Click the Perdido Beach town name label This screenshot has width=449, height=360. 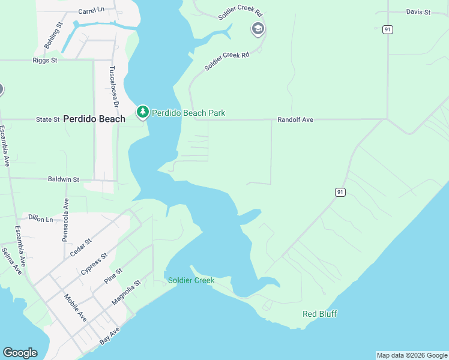(94, 119)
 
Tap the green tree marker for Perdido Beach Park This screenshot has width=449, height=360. (142, 112)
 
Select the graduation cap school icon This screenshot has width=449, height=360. (258, 29)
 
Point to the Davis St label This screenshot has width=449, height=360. (418, 12)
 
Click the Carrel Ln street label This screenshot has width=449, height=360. (91, 11)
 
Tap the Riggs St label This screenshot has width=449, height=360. (45, 60)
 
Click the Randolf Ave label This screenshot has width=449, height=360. (295, 120)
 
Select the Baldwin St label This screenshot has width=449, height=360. (64, 179)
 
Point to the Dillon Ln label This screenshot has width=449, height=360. (41, 220)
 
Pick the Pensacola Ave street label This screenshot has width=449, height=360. (65, 220)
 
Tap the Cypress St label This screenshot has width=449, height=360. (94, 263)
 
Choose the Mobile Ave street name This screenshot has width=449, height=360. (76, 308)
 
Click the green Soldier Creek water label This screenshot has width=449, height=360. (191, 280)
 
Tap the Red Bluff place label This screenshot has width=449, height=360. (319, 314)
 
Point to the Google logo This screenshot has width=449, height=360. (20, 353)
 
